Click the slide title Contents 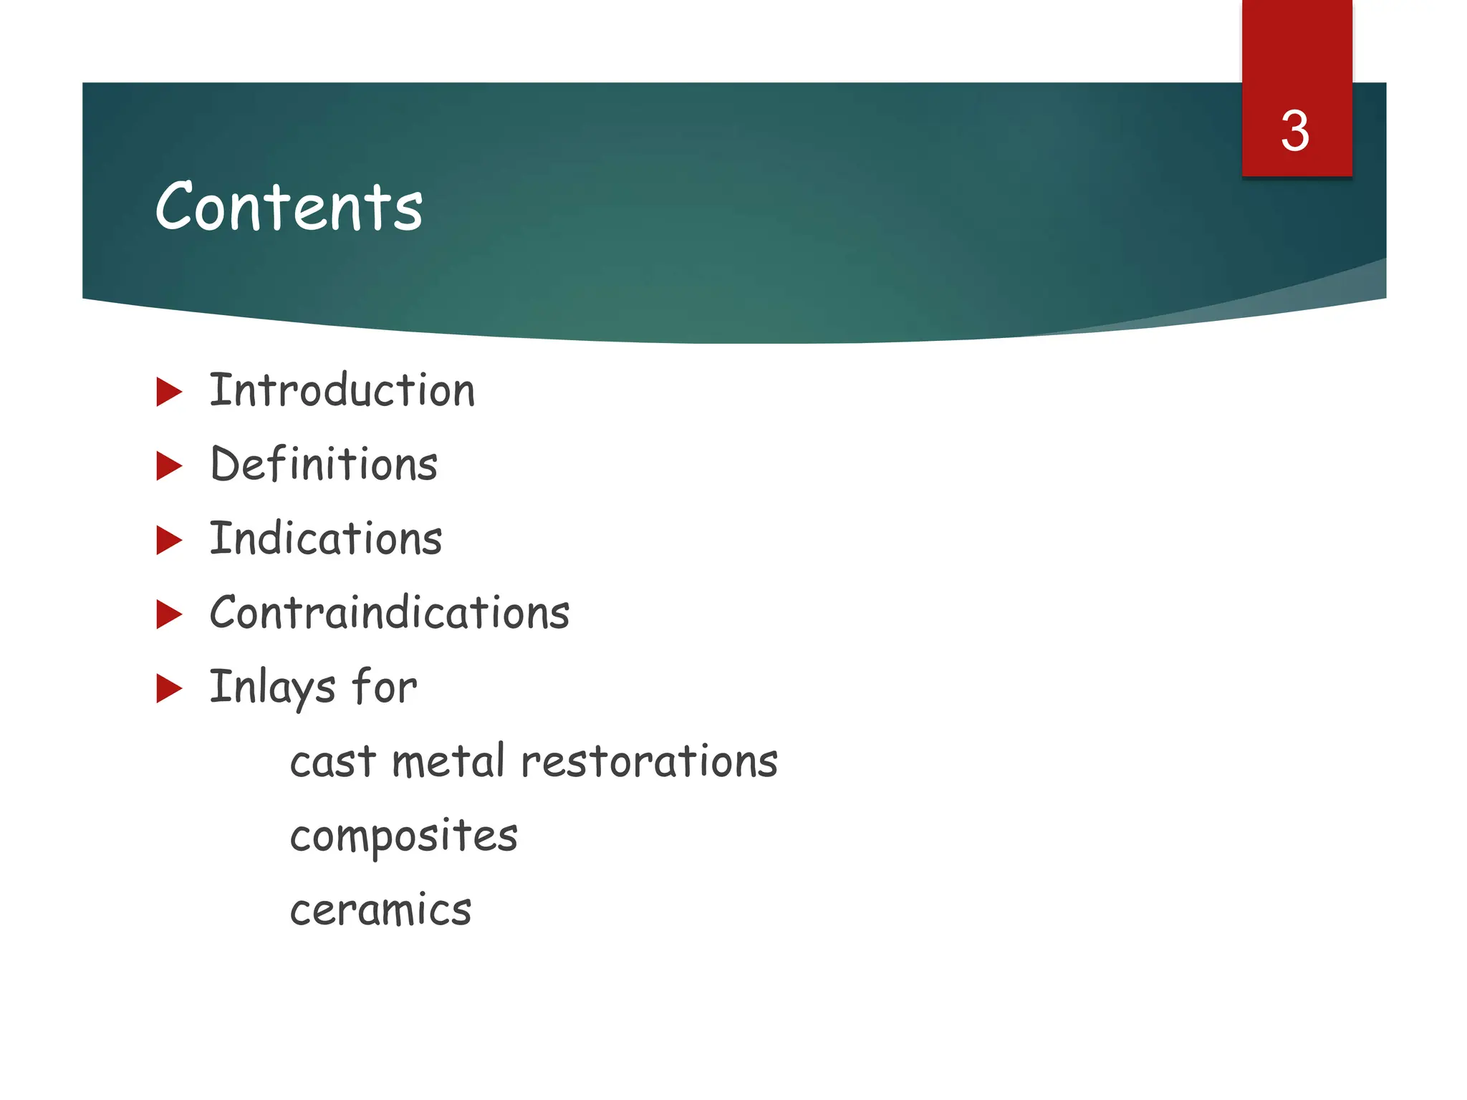pos(289,207)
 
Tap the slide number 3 pos(1295,132)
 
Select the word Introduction pos(342,391)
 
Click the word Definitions pos(324,465)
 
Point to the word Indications pos(326,539)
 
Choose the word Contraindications pos(390,614)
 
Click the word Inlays pos(272,687)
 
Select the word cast pos(332,761)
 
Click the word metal pos(448,761)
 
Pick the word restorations pos(649,761)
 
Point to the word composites pos(403,836)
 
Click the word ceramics pos(380,910)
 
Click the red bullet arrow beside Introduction pos(168,392)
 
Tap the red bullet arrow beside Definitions pos(168,465)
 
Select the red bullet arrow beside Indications pos(168,540)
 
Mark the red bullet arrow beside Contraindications pos(168,614)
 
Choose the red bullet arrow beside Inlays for pos(168,688)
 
